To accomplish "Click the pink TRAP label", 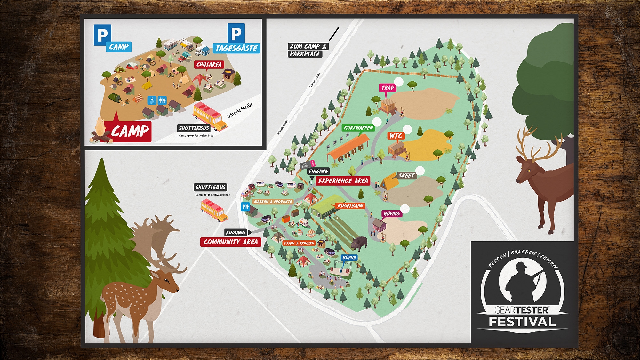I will click(x=388, y=88).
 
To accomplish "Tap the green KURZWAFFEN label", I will click(x=358, y=128).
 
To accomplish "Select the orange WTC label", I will click(x=396, y=136).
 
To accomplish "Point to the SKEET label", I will click(x=406, y=175).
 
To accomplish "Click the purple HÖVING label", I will click(x=391, y=214).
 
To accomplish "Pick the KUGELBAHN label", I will click(x=350, y=206).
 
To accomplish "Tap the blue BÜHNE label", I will click(x=349, y=258).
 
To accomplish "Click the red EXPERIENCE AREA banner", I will click(x=343, y=181).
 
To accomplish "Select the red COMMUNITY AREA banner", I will click(x=230, y=242).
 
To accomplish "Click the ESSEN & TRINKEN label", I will click(x=299, y=243).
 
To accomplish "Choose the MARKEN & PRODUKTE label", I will click(x=273, y=202).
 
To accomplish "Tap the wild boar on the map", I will click(x=359, y=244).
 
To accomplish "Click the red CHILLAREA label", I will click(x=209, y=65).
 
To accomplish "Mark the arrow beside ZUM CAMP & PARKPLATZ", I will click(x=334, y=34).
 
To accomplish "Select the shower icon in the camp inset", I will click(x=152, y=100).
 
